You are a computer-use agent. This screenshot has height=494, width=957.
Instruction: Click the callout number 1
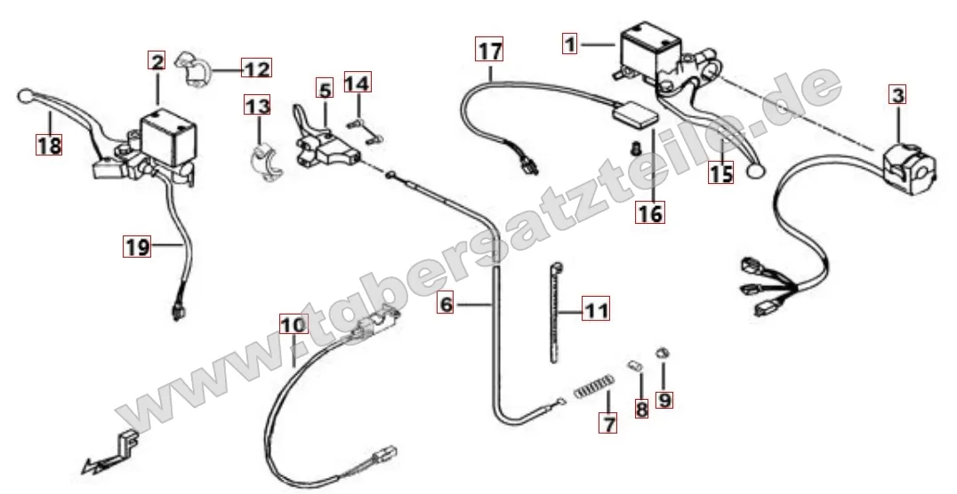coord(569,44)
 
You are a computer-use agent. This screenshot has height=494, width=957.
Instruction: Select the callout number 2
coord(157,61)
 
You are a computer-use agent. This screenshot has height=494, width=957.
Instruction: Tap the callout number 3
coord(897,94)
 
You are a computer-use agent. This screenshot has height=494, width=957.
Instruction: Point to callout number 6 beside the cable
coord(446,303)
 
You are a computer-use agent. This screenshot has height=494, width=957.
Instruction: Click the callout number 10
coord(294,324)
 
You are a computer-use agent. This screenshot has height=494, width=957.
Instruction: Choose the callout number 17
coord(489,50)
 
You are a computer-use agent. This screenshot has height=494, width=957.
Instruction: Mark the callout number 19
coord(137,246)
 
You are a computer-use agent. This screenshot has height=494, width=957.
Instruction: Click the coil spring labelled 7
coord(593,388)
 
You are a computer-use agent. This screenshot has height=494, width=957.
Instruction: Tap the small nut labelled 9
coord(660,353)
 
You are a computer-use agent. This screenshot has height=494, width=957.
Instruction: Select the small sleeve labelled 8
coord(635,366)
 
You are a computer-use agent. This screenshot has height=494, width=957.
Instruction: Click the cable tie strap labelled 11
coord(555,312)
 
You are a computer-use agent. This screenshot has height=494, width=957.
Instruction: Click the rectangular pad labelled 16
coord(637,116)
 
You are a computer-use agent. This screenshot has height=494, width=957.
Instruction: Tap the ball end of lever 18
coord(25,96)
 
